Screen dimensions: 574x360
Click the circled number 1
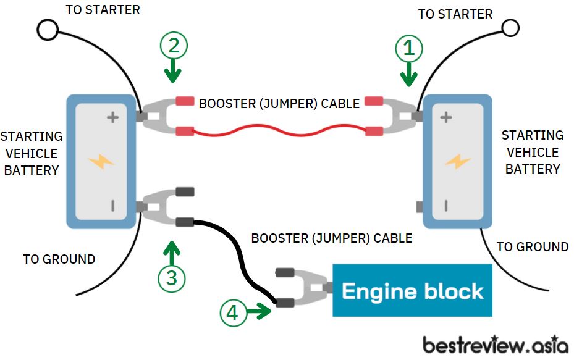click(x=409, y=48)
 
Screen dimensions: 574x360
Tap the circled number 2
click(x=174, y=45)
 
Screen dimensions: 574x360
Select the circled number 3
click(x=172, y=278)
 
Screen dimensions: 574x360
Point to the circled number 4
click(x=233, y=313)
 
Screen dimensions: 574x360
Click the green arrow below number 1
click(x=408, y=74)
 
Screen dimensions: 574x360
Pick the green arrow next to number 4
click(x=259, y=311)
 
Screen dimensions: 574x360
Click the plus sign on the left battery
click(x=112, y=117)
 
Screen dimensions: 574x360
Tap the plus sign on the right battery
click(x=446, y=117)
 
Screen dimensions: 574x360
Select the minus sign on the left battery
click(x=112, y=206)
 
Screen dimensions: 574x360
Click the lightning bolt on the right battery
click(x=458, y=161)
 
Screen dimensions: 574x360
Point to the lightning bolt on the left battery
click(x=101, y=161)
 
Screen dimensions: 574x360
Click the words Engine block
click(x=413, y=291)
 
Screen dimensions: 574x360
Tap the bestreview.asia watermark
click(x=496, y=345)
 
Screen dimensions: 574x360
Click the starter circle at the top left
click(x=48, y=30)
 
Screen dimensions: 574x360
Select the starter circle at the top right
click(x=510, y=28)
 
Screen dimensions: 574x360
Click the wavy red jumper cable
click(x=279, y=131)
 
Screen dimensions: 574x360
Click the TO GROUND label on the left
click(x=59, y=259)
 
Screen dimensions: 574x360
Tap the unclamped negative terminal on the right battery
click(x=420, y=207)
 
